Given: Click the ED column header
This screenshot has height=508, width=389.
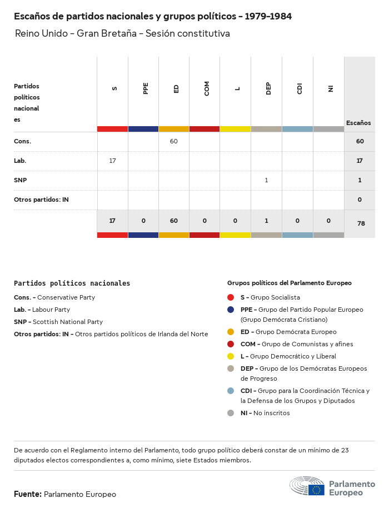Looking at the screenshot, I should (176, 88).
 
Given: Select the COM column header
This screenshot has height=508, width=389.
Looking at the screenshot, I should (207, 88).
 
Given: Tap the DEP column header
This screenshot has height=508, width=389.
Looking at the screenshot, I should (268, 88).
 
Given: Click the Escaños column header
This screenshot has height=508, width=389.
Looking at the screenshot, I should (358, 123).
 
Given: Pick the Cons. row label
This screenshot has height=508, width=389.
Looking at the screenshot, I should (23, 141).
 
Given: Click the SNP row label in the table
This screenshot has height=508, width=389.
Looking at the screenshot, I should (21, 180).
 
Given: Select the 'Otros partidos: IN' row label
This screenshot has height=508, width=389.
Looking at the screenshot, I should (41, 200).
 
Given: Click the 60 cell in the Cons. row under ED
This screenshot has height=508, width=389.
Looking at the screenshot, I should (174, 141).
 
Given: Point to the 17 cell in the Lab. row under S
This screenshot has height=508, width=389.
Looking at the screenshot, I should (112, 161).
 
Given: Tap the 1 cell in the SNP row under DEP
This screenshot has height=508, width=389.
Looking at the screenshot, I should (266, 180).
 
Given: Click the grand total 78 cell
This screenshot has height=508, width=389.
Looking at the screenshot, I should (360, 223).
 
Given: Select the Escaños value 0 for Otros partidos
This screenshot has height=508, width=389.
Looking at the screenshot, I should (360, 200).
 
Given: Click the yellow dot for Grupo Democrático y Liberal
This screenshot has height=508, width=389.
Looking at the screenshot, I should (231, 356).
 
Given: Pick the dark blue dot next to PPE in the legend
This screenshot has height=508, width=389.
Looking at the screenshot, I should (231, 310).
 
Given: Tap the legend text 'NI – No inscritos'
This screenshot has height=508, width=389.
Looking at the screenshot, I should (265, 413).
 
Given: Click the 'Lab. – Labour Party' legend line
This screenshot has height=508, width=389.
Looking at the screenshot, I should (42, 310).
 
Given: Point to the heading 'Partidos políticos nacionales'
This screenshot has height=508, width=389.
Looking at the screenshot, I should (72, 283).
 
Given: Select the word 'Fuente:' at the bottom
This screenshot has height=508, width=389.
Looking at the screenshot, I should (28, 494).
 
